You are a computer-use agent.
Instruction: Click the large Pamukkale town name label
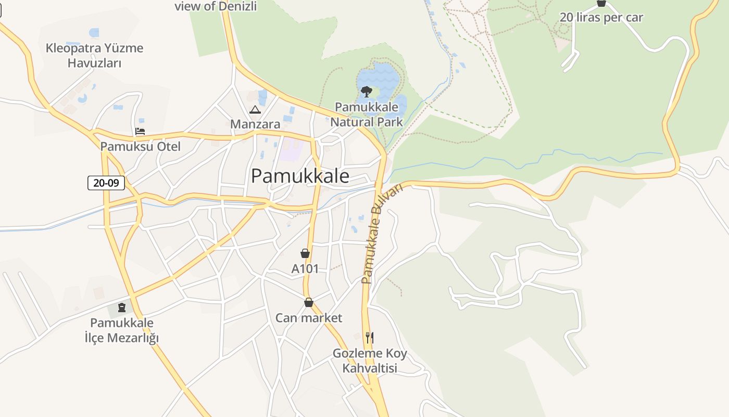300,176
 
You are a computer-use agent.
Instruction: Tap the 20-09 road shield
106,183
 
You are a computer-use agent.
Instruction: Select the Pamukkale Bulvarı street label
382,234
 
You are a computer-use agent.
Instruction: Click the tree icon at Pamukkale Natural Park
366,92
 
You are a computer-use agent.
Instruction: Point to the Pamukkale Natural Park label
367,115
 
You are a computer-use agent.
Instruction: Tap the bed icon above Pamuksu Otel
140,131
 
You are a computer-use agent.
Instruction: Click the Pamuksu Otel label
141,146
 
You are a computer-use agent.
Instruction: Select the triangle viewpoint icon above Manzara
255,109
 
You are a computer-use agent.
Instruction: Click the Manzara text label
255,124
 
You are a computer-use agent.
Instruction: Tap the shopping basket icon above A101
305,254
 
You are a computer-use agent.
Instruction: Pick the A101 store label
305,269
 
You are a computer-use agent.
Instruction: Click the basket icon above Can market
309,302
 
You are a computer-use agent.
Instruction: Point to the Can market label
309,318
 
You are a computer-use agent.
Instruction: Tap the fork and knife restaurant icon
369,337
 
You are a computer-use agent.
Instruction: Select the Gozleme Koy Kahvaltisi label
370,361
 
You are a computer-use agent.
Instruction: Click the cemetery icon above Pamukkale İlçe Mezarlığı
122,308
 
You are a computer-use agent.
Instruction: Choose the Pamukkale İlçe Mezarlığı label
122,330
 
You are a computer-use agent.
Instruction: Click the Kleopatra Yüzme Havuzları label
94,55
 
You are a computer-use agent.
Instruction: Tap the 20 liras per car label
601,18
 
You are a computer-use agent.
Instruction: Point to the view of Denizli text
216,6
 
